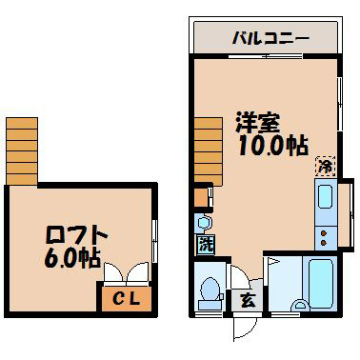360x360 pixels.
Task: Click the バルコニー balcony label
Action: [270, 39]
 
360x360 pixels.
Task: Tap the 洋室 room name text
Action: [257, 124]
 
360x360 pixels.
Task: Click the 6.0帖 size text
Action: [71, 258]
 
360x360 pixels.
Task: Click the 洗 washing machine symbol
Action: [206, 243]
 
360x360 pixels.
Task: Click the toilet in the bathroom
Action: [209, 291]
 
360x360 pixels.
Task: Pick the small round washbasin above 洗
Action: [203, 222]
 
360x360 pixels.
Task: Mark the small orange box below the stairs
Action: [200, 198]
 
